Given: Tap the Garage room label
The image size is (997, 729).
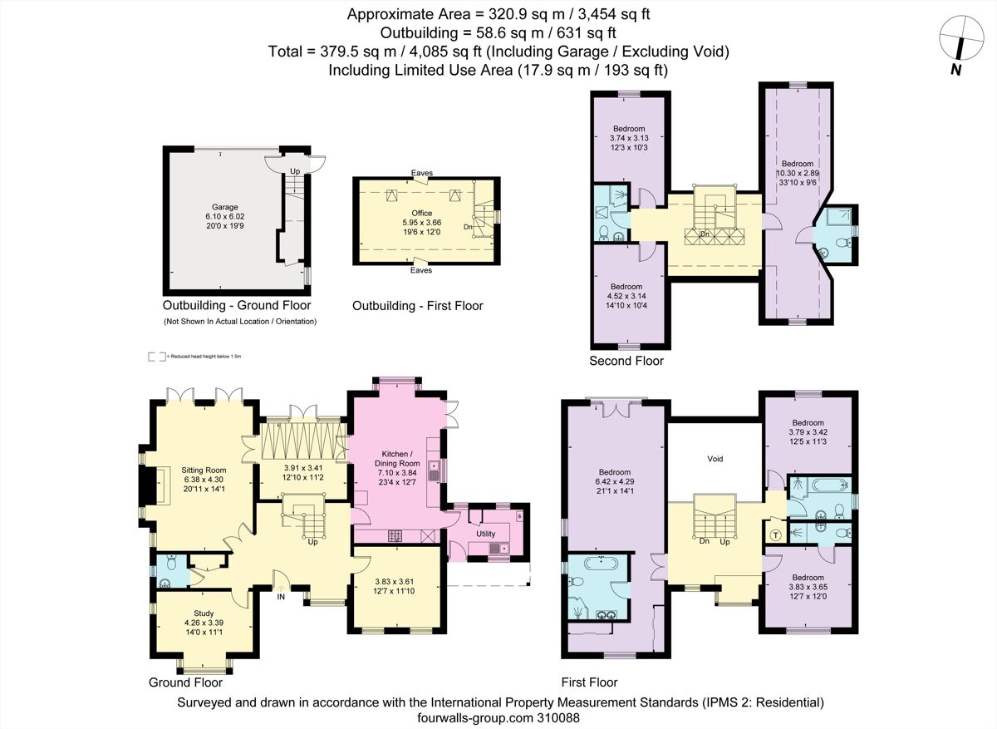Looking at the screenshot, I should pyautogui.click(x=224, y=207).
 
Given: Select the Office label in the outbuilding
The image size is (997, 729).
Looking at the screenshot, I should pyautogui.click(x=422, y=214).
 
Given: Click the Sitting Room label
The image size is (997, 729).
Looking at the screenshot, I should pyautogui.click(x=204, y=470).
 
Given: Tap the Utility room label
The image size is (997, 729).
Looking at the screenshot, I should pyautogui.click(x=486, y=533).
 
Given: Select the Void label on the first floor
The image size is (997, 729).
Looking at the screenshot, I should pyautogui.click(x=715, y=459).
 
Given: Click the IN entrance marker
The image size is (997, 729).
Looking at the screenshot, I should pyautogui.click(x=280, y=597).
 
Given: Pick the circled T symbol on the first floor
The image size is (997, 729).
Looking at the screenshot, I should pyautogui.click(x=776, y=534).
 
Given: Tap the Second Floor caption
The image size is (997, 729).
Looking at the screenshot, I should pyautogui.click(x=626, y=361).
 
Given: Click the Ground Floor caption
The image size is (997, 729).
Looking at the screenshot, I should pyautogui.click(x=185, y=682).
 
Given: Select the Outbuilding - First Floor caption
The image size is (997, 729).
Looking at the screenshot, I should pyautogui.click(x=417, y=306).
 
